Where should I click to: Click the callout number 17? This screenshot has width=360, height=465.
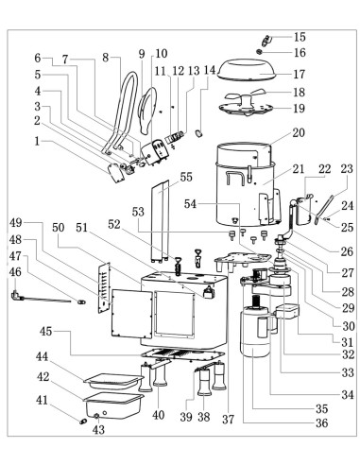[299, 75]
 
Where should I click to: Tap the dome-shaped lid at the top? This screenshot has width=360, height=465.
[248, 70]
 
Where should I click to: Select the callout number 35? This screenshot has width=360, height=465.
[321, 408]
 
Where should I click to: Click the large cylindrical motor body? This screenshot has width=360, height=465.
[255, 333]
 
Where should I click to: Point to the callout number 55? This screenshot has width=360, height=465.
[186, 177]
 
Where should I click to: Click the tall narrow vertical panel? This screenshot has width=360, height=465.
[160, 221]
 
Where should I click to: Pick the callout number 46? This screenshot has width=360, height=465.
[15, 271]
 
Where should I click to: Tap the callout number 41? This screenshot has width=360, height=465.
[42, 400]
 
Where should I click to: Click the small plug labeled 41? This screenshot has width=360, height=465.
[83, 422]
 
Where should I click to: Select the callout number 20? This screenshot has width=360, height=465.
[299, 132]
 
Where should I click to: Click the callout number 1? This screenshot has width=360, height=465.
[37, 141]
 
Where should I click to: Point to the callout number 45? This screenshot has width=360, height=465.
[45, 331]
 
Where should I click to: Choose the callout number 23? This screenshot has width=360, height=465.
[347, 169]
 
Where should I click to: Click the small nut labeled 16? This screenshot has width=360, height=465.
[260, 52]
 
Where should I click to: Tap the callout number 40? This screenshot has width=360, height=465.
[158, 415]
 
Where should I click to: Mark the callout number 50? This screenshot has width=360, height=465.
[58, 228]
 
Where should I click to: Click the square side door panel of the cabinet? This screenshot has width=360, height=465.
[131, 314]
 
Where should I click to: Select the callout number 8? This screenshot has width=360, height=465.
[106, 58]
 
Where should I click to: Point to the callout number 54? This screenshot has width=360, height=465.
[190, 204]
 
